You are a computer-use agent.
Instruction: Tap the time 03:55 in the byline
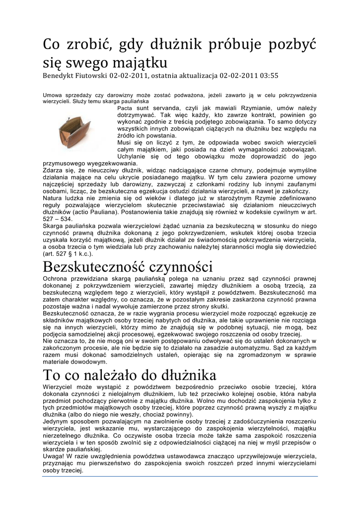click(268, 76)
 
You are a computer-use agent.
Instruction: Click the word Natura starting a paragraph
click(54, 197)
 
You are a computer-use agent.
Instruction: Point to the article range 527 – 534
click(58, 218)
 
